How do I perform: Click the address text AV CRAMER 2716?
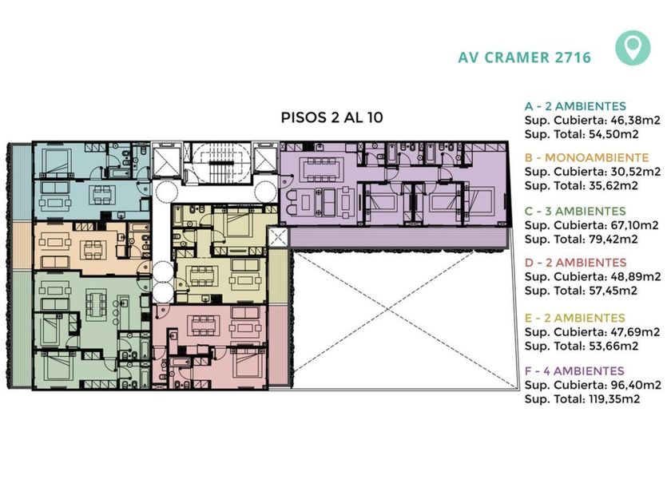tap(525, 57)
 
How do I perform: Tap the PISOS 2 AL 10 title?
tap(332, 117)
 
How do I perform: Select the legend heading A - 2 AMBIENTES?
tap(575, 106)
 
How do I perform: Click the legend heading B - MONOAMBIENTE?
tap(586, 157)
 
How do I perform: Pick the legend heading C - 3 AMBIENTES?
tap(575, 211)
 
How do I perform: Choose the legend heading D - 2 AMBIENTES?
tap(575, 263)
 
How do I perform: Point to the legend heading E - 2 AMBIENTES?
tap(574, 319)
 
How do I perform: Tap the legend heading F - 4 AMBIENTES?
tap(574, 370)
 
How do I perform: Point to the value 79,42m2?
tap(612, 239)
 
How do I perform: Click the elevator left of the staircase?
tap(167, 160)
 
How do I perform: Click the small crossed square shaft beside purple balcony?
tap(278, 237)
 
